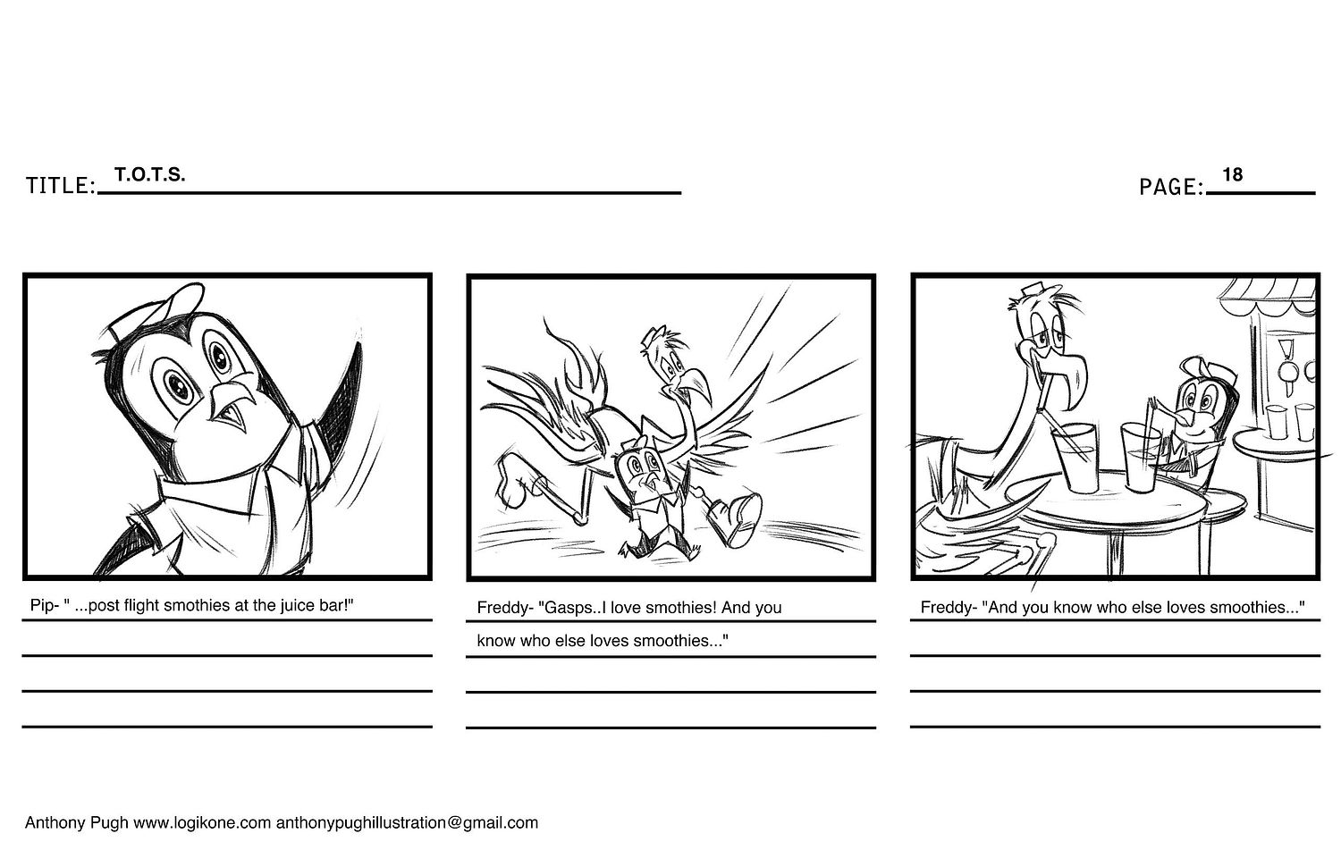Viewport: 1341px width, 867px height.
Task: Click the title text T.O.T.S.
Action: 150,174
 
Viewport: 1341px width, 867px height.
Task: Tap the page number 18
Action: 1233,174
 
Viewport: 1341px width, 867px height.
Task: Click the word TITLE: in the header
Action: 61,186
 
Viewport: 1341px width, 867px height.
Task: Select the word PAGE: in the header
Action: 1171,187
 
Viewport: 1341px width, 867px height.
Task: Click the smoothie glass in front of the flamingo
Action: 1075,458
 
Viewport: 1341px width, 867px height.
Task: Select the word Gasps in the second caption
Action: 560,609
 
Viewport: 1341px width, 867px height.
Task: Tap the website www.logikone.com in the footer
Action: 202,823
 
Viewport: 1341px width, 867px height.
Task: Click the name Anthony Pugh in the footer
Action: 76,823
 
